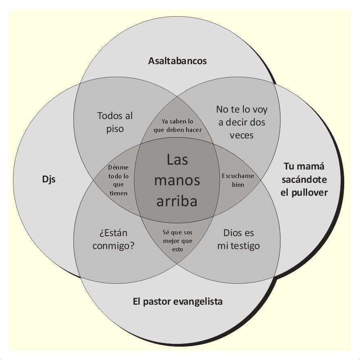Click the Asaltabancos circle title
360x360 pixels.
coord(178,61)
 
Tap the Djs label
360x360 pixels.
coord(48,179)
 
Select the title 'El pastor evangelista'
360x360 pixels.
coord(178,301)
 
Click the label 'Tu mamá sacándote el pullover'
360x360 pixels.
coord(304,179)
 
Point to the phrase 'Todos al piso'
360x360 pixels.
coord(115,122)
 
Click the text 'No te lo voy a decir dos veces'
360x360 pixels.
coord(242,122)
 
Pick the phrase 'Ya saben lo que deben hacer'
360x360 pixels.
coord(178,125)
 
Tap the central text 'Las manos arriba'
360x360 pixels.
coord(177,180)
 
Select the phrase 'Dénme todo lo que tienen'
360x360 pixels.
coord(118,179)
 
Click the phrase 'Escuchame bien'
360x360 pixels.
coord(238,180)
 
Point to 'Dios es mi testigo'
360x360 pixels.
coord(238,239)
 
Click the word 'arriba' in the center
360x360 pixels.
coord(177,201)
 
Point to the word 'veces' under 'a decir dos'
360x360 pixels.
coord(242,135)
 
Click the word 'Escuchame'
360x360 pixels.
coord(238,176)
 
